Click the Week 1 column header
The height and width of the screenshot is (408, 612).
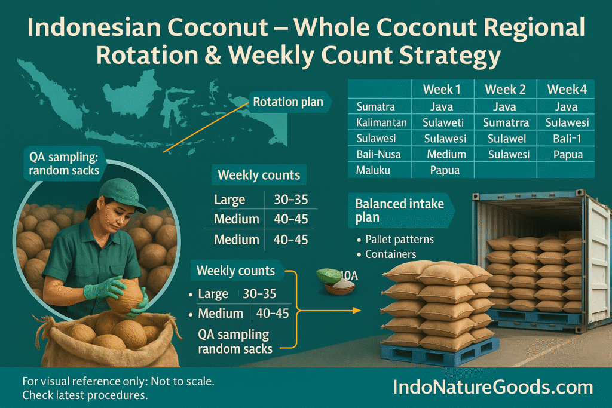442,90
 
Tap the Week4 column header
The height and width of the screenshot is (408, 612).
567,90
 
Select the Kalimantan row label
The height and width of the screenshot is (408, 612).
381,122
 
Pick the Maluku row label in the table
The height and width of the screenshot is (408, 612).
373,170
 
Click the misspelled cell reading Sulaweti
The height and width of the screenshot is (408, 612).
443,122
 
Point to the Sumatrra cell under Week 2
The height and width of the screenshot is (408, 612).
506,122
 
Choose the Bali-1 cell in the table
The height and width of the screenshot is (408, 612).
567,139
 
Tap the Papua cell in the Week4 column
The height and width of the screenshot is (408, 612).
568,155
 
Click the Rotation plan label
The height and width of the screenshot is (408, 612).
288,102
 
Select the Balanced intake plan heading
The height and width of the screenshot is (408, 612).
400,210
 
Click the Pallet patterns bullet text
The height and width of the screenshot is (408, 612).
399,239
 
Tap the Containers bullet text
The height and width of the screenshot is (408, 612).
391,254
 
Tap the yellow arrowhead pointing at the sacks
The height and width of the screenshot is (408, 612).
356,311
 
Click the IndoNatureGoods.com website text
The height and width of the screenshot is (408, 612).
493,387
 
